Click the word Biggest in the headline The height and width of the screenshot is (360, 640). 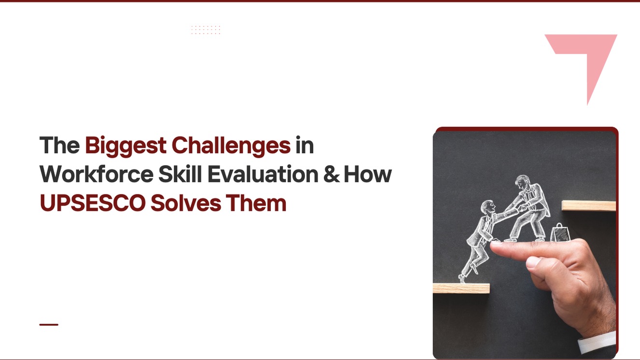[x=125, y=146]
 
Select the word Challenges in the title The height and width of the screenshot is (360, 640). [x=231, y=145]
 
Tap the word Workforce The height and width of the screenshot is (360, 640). [x=97, y=174]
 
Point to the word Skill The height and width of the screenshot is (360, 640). [x=180, y=174]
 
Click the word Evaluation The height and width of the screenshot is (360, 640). [x=263, y=174]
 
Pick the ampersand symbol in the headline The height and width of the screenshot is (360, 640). [x=332, y=174]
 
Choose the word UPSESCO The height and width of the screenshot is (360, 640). [x=93, y=203]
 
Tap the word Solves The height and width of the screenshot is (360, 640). [x=186, y=203]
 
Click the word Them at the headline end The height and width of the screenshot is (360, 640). [x=256, y=203]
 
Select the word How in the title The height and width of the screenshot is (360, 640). [x=367, y=174]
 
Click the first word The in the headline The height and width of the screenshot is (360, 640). [x=59, y=145]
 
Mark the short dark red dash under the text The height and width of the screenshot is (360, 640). [x=49, y=325]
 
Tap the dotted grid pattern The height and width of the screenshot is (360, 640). [x=206, y=30]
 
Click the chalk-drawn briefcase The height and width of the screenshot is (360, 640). [x=560, y=232]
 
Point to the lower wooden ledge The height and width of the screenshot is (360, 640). [x=461, y=288]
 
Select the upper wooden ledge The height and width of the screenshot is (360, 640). [x=588, y=206]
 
